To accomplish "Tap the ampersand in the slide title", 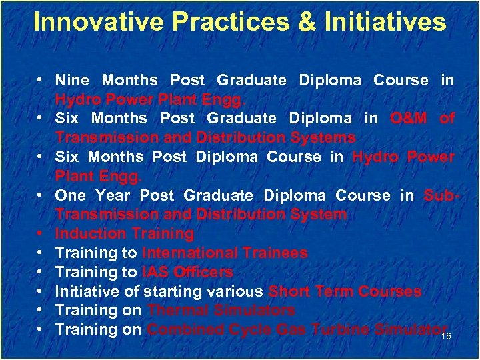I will click(x=307, y=22).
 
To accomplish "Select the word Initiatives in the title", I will click(x=385, y=22).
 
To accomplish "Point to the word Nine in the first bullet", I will click(x=72, y=80).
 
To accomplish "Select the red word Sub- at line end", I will click(x=439, y=195).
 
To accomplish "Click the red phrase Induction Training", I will click(x=124, y=233).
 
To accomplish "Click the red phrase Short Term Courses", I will click(x=345, y=291).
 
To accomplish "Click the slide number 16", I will click(x=447, y=337).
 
